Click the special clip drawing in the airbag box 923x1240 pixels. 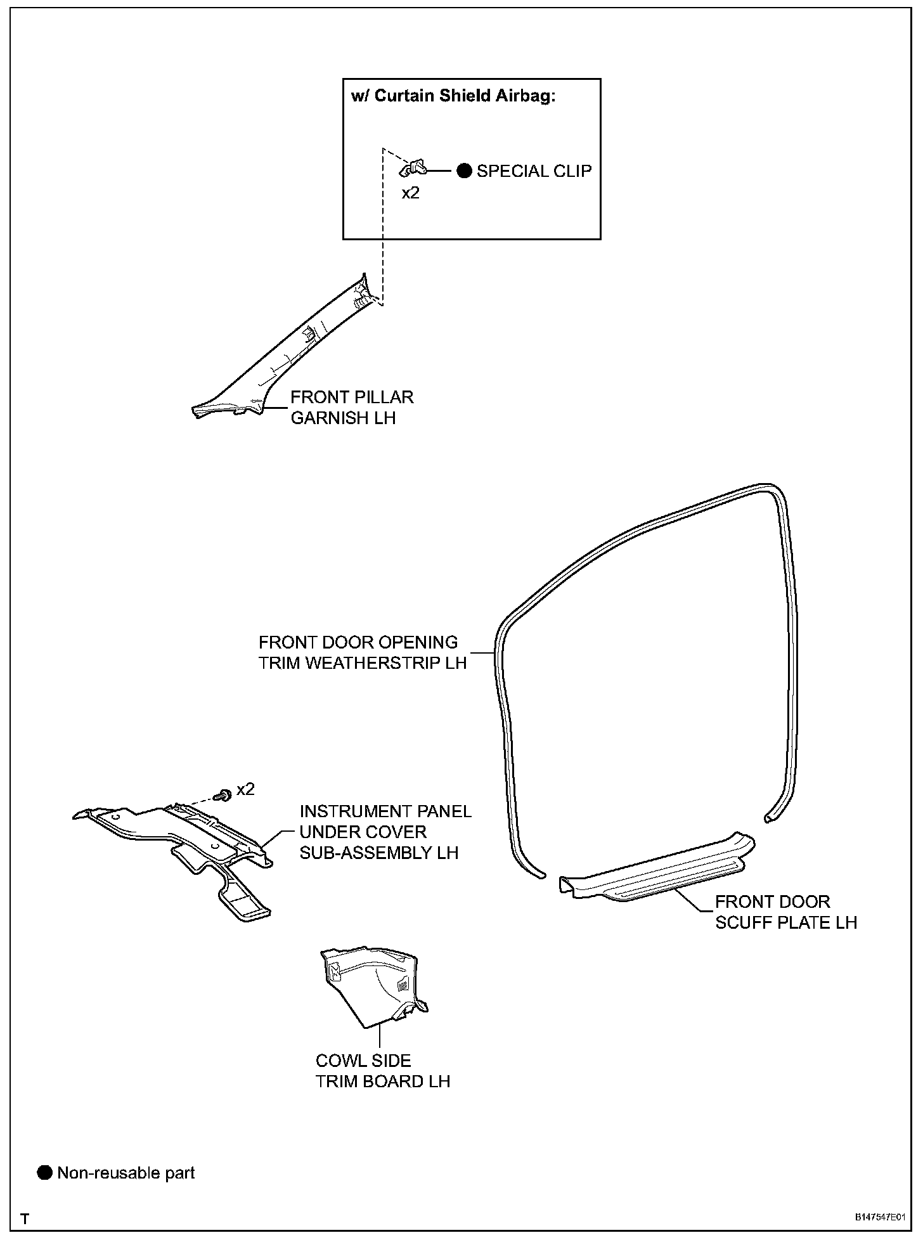coord(413,169)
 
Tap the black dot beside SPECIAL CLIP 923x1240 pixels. coord(465,171)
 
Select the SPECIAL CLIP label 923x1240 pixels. coord(534,171)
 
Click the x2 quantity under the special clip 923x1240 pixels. coord(411,193)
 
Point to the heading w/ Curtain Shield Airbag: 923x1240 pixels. coord(453,96)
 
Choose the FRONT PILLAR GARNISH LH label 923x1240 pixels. coord(352,407)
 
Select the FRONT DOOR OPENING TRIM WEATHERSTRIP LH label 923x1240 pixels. coord(362,652)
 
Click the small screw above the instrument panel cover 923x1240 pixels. coord(223,794)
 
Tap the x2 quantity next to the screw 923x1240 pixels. coord(245,789)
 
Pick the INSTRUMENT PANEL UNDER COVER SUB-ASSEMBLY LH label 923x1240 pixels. coord(385,832)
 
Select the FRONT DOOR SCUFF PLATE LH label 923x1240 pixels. coord(786,912)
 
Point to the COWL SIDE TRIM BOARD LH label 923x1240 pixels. coord(383,1071)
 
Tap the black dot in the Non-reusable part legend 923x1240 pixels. coord(44,1173)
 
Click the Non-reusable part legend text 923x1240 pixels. coord(126,1173)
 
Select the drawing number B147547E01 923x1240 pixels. coord(879,1218)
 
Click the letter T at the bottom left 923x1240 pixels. coord(25,1218)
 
